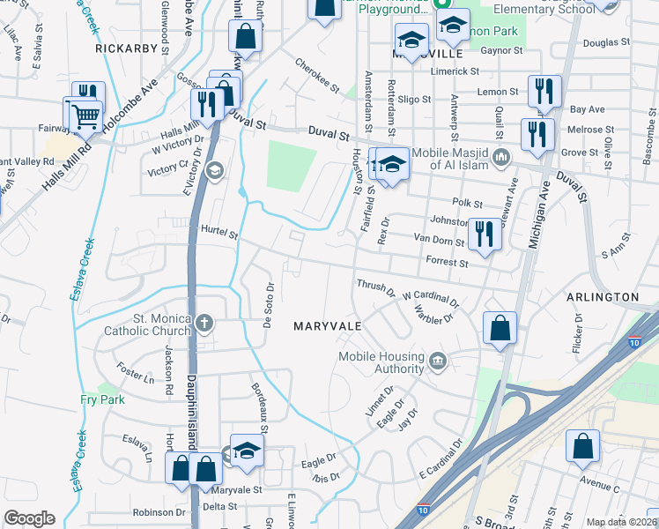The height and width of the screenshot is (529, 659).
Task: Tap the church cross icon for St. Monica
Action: coord(204,323)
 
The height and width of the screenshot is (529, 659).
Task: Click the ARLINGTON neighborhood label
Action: coord(602,297)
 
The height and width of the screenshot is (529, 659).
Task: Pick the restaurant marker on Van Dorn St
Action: coord(484,234)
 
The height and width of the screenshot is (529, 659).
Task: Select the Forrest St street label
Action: coord(446,262)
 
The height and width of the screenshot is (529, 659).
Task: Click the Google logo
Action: coord(29,518)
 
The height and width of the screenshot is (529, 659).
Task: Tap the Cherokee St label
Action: coord(317,77)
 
